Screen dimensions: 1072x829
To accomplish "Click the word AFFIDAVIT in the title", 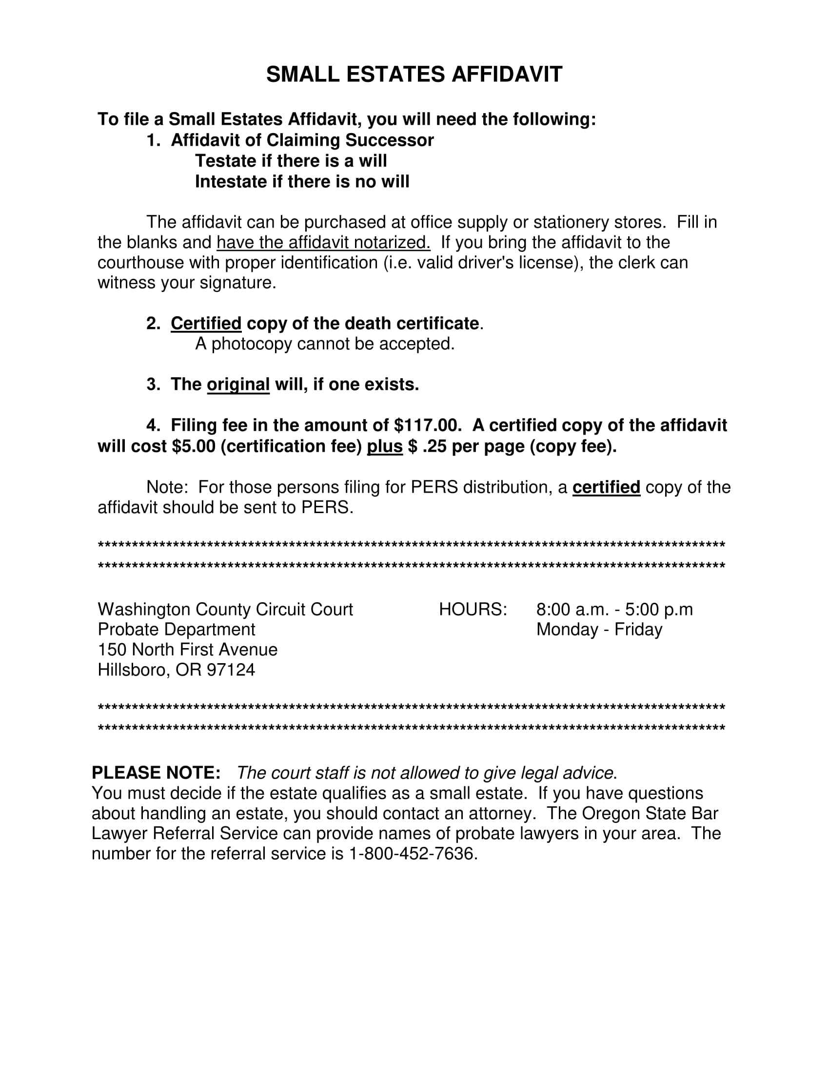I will pos(506,75).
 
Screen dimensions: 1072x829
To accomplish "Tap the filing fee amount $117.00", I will pos(427,425).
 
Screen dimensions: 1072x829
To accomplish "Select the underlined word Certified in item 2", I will pos(206,324).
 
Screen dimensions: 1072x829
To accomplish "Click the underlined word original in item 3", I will pos(238,384).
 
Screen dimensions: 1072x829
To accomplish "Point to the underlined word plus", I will pos(385,446).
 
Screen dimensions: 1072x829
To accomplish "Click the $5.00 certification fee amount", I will pos(194,446).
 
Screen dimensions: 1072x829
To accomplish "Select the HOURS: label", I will pos(473,609).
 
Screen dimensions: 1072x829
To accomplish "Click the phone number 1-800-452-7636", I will pos(412,854).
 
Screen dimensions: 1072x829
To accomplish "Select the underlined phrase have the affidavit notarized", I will pos(323,243).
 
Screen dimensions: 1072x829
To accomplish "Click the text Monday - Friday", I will pos(599,629).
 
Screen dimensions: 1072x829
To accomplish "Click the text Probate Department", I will pos(177,629).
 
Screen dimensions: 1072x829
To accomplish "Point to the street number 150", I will pos(113,650).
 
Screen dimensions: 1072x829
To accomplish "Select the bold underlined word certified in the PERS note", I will pos(606,487).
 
